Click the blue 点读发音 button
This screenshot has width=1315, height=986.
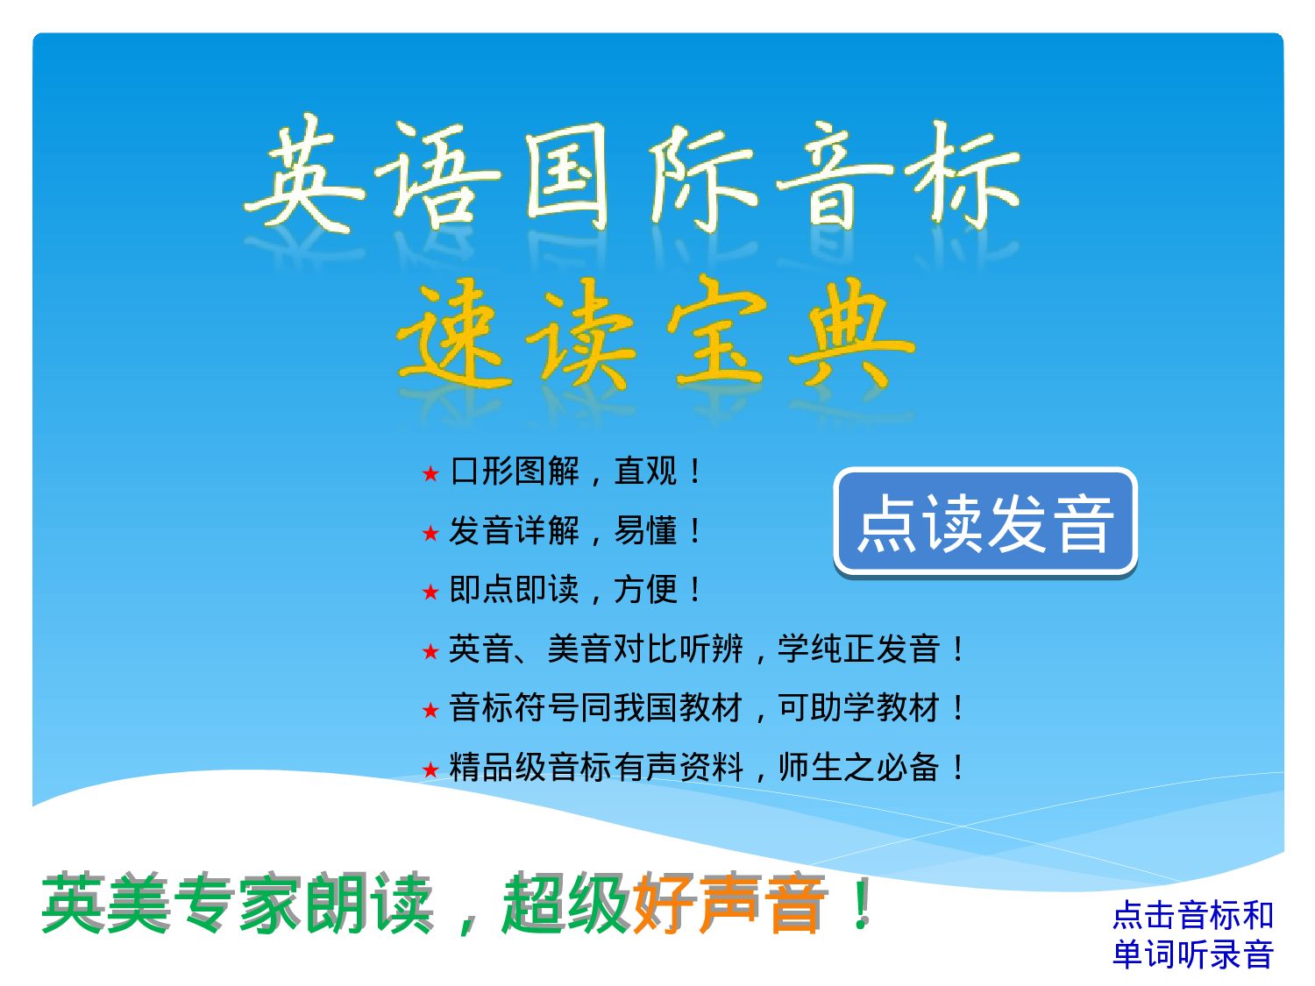pyautogui.click(x=984, y=523)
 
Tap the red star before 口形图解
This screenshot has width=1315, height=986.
pyautogui.click(x=430, y=474)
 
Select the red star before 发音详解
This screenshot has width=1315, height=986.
pyautogui.click(x=430, y=533)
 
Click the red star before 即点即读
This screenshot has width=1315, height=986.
pyautogui.click(x=430, y=592)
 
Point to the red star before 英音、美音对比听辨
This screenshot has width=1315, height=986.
pyautogui.click(x=430, y=651)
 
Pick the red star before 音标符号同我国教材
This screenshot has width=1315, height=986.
pyautogui.click(x=430, y=710)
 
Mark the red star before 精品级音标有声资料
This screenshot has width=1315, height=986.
pyautogui.click(x=430, y=770)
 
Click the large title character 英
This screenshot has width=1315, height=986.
pyautogui.click(x=302, y=175)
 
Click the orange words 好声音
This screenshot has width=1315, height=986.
pyautogui.click(x=729, y=904)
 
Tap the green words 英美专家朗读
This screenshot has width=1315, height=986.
pyautogui.click(x=237, y=904)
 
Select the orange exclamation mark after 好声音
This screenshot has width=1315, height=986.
pyautogui.click(x=862, y=904)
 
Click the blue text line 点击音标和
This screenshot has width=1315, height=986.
pyautogui.click(x=1192, y=915)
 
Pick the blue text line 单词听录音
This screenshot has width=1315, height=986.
pyautogui.click(x=1192, y=954)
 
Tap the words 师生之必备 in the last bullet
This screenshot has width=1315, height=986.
pyautogui.click(x=859, y=768)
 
